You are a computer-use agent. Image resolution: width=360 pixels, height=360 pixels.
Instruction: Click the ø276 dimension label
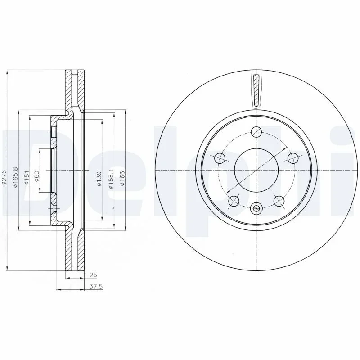4,177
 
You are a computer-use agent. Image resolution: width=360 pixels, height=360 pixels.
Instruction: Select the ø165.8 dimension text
15,177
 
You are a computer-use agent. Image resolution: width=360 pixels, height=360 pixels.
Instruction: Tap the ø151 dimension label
27,177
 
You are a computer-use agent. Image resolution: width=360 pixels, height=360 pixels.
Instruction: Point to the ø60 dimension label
37,176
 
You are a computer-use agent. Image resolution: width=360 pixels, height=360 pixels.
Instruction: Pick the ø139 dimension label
99,179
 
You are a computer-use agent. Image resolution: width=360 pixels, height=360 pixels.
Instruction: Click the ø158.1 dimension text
111,179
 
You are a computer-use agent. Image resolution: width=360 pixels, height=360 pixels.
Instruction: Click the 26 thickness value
93,275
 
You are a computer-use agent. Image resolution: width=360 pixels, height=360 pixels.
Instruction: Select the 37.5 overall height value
96,287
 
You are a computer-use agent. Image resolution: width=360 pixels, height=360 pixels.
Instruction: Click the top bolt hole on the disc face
256,132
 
